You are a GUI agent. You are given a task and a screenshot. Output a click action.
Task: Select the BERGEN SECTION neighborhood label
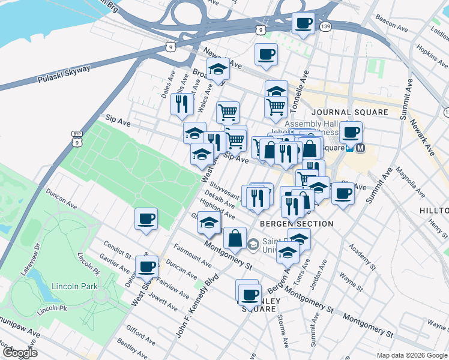click(x=297, y=224)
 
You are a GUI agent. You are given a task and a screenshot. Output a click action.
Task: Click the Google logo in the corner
click(x=19, y=352)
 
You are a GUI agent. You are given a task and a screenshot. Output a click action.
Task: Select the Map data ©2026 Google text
click(x=412, y=355)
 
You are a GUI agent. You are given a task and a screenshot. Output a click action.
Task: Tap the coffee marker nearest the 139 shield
click(x=303, y=24)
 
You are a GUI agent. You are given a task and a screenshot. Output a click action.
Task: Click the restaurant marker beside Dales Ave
click(x=181, y=104)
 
